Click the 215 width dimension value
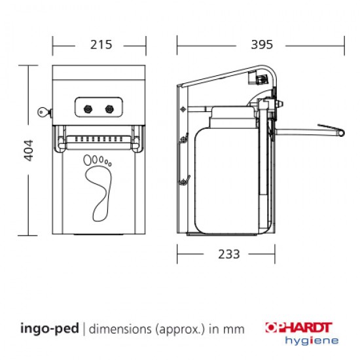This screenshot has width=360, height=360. (x=99, y=45)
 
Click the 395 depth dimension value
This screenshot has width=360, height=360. (x=261, y=45)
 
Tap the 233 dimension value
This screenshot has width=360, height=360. (x=228, y=254)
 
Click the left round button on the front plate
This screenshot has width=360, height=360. (x=88, y=107)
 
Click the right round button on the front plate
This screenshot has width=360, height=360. (x=109, y=107)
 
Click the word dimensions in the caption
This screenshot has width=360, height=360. (x=122, y=330)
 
